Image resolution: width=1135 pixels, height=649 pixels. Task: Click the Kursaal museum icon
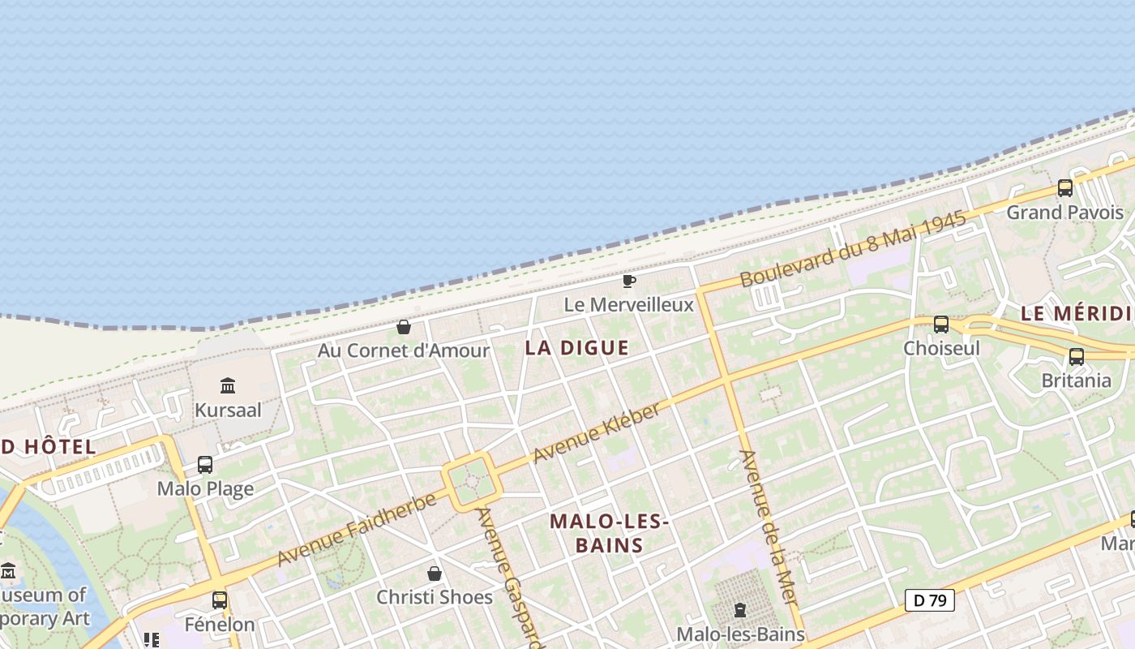[228, 385]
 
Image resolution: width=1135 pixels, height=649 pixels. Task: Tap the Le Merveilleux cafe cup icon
[628, 282]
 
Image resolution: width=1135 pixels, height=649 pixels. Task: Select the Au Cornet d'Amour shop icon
[404, 327]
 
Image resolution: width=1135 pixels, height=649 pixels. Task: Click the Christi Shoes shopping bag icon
[435, 574]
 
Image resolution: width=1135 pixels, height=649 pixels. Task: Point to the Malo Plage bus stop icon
[205, 465]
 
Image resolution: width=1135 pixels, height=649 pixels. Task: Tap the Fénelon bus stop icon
[220, 600]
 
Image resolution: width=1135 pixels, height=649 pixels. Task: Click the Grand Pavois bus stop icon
[1065, 188]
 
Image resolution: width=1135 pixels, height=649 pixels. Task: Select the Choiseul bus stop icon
[941, 324]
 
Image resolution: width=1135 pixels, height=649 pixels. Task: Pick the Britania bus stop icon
[1077, 357]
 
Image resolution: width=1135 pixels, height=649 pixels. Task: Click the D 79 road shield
[930, 600]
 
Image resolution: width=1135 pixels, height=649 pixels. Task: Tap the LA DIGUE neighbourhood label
[576, 348]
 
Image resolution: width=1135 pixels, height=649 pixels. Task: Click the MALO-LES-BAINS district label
[609, 533]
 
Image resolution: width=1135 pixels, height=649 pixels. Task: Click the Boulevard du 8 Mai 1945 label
[853, 249]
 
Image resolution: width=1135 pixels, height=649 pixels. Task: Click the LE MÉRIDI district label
[1077, 314]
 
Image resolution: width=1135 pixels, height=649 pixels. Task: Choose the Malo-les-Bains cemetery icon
[739, 609]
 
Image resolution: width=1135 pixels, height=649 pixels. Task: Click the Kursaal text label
[228, 410]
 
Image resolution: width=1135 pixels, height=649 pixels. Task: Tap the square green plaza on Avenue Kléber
[471, 482]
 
